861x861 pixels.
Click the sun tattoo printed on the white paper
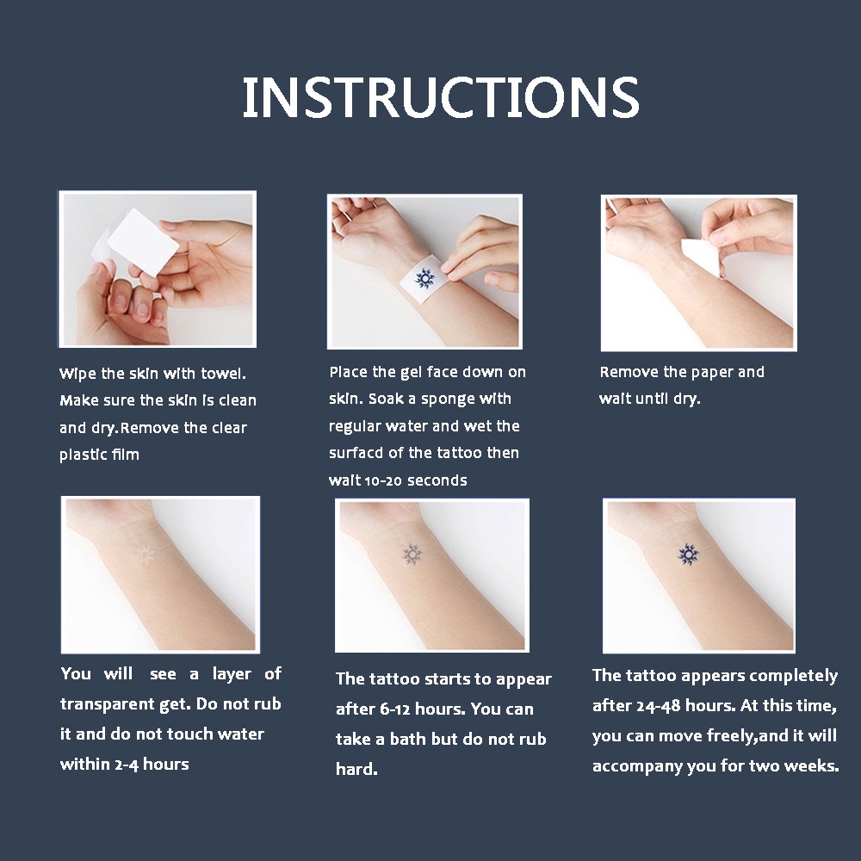[x=423, y=278]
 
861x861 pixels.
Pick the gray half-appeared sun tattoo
[x=412, y=554]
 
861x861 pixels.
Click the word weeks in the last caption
[x=810, y=766]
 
